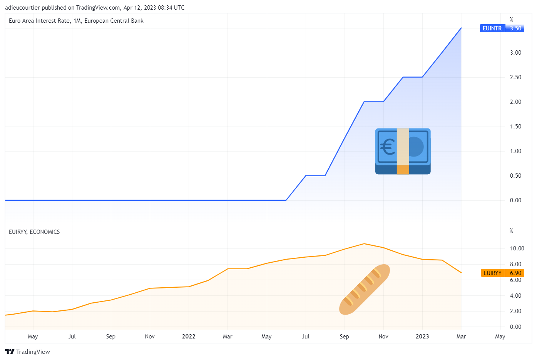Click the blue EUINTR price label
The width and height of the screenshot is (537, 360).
tap(492, 28)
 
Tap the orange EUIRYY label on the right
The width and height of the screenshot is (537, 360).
tap(492, 273)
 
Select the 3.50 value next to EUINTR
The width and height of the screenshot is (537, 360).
tap(515, 28)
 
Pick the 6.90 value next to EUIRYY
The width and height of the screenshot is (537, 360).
tap(515, 273)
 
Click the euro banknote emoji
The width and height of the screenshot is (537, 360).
tap(403, 151)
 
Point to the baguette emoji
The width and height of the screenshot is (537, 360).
tap(364, 289)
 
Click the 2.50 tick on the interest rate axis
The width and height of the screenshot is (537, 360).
tap(515, 77)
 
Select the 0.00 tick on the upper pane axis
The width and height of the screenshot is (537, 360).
tap(515, 200)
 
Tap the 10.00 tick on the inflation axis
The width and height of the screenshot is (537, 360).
tap(517, 248)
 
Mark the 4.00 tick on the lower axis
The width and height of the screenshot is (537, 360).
tap(515, 296)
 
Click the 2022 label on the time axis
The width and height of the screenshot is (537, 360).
tap(189, 337)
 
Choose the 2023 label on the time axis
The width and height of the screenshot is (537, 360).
tap(422, 337)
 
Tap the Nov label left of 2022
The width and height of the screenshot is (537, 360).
tap(150, 337)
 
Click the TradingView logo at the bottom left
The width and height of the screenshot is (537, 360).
tap(28, 352)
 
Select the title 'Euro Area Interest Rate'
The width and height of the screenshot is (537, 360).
tap(40, 21)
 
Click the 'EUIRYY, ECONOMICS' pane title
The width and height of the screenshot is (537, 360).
tap(34, 232)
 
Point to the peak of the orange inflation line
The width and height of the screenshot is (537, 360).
tap(364, 244)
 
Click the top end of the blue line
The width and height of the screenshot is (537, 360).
tap(461, 28)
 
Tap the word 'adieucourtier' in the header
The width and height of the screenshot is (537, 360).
tap(22, 8)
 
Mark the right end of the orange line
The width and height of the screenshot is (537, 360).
tap(461, 273)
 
